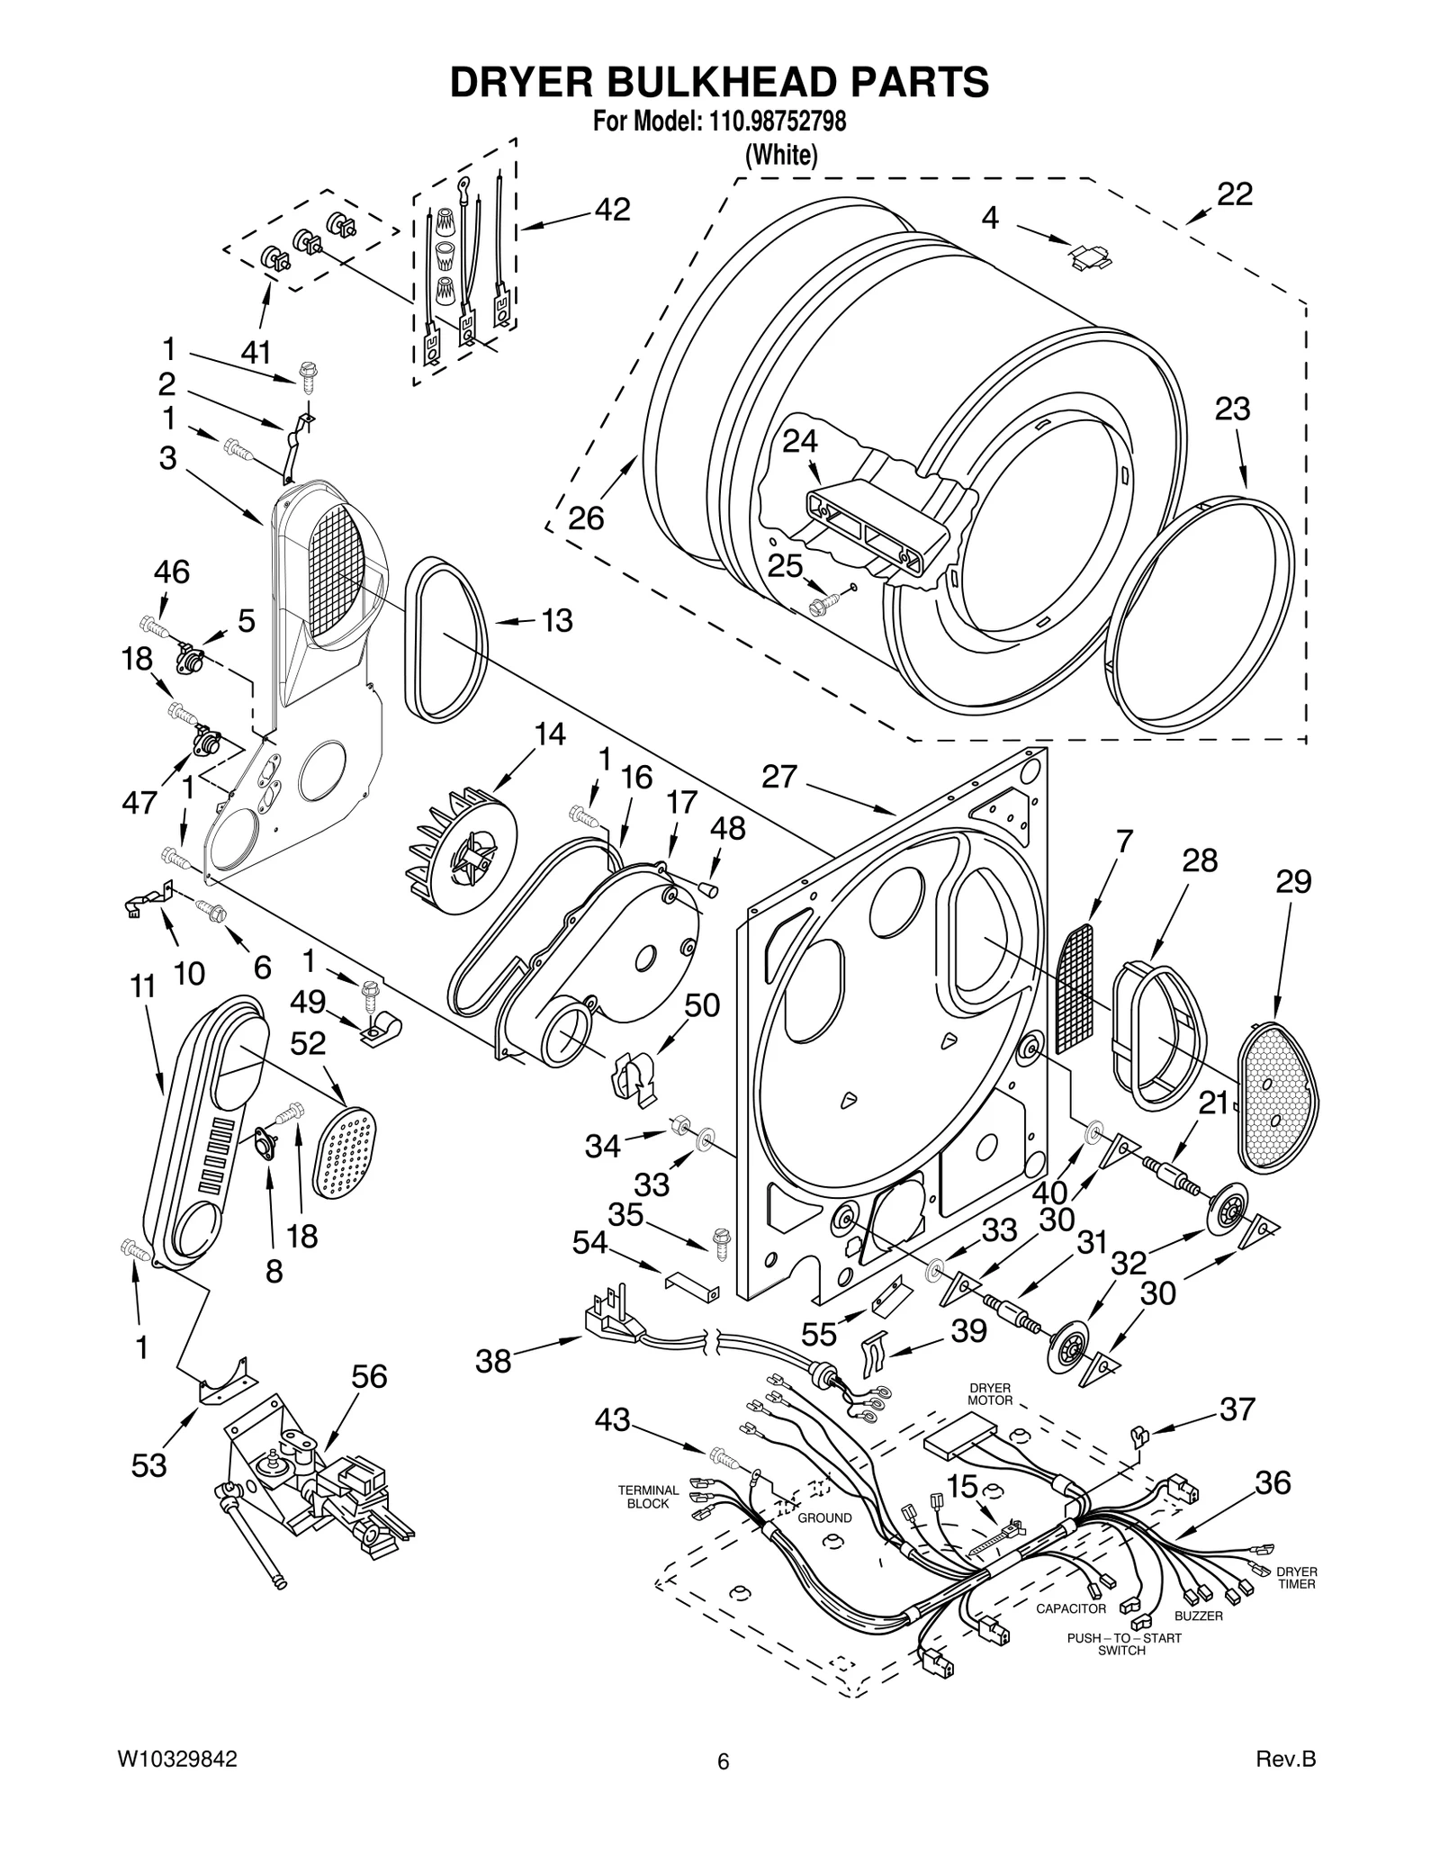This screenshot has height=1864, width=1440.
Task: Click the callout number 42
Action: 612,211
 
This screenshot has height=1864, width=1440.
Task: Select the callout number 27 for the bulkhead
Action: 779,776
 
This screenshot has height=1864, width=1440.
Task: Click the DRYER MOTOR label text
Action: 990,1394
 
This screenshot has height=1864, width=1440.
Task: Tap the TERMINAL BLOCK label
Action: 648,1497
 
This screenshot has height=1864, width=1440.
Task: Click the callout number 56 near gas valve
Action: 369,1376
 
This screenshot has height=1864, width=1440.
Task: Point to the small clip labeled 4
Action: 1090,257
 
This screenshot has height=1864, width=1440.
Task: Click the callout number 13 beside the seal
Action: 557,620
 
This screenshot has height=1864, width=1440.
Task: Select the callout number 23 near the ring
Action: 1232,409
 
